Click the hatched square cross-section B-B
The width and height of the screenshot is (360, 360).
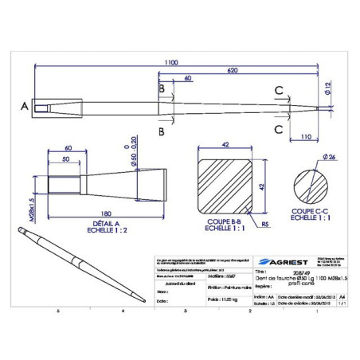click(x=222, y=186)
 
